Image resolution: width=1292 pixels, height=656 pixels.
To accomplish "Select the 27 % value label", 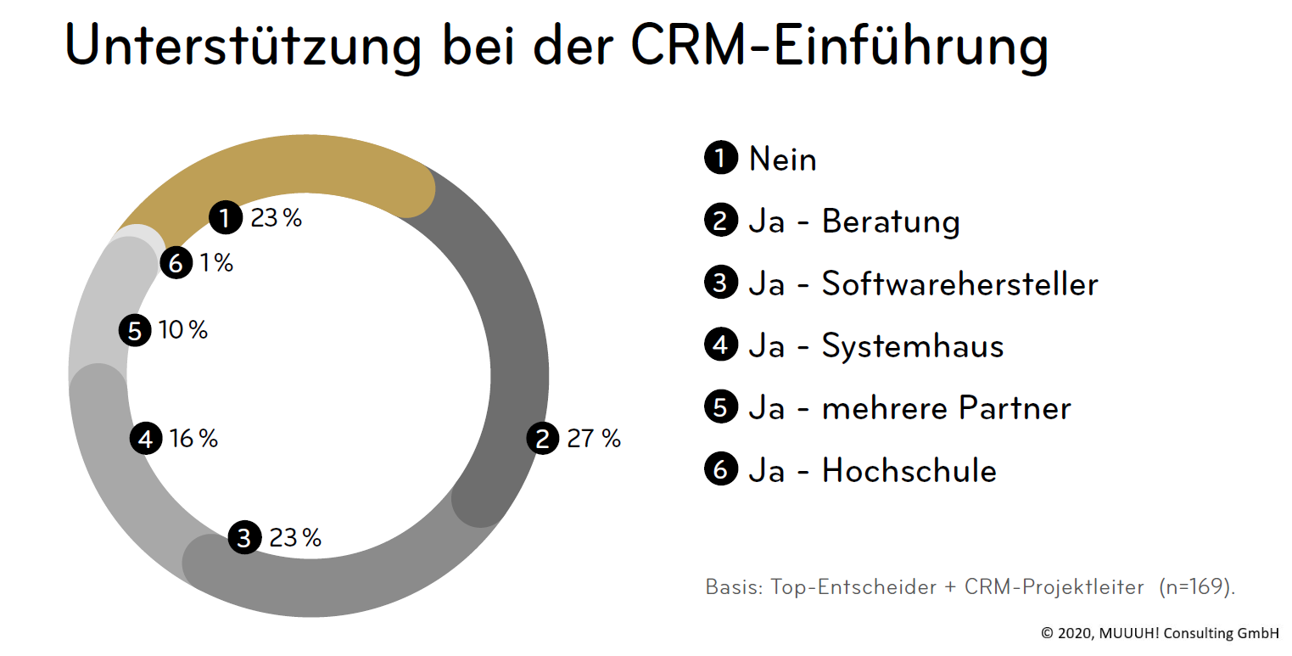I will click(594, 439).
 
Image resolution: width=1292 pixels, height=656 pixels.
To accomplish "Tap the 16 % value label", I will click(193, 439).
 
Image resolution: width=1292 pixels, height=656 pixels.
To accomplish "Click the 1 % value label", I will click(216, 263).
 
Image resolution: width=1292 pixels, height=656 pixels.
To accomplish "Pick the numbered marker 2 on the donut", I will click(543, 439).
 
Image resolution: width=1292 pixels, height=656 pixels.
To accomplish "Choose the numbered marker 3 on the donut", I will click(244, 538).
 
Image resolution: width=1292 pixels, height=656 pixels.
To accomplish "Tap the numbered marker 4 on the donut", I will click(146, 439).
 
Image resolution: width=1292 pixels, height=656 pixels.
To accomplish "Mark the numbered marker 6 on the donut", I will click(176, 264).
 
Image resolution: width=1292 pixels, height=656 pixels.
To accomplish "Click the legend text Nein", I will click(782, 159).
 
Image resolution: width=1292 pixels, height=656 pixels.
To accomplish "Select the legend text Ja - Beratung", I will click(853, 221).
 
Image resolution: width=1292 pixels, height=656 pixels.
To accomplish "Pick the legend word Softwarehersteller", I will click(959, 283).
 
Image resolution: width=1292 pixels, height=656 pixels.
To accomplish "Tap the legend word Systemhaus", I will click(913, 346).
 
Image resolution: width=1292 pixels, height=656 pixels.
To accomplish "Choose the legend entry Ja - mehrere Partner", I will click(909, 408).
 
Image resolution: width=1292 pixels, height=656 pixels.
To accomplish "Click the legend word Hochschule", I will click(909, 470).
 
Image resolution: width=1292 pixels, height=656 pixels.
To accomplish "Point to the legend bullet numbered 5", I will click(720, 407).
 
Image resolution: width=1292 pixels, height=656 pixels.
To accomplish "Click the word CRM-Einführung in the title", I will click(840, 47).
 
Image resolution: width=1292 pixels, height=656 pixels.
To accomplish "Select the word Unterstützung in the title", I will click(243, 47).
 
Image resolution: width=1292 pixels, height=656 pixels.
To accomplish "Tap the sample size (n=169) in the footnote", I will click(1197, 587).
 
